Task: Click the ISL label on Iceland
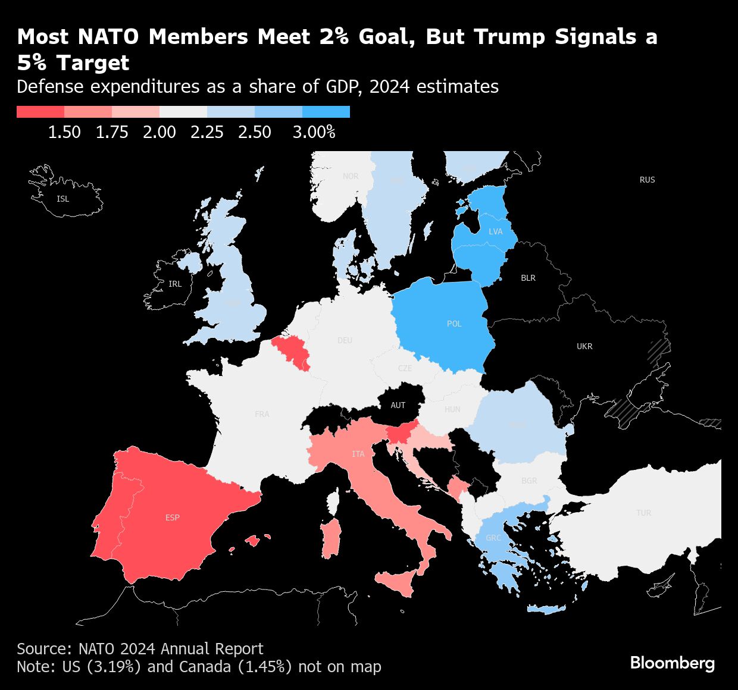coord(62,199)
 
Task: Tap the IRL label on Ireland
coord(175,284)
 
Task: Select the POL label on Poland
coord(454,324)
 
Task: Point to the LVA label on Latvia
coord(495,231)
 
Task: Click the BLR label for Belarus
coord(528,278)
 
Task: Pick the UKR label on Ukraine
coord(584,346)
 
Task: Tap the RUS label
coord(647,180)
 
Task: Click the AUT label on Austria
coord(398,405)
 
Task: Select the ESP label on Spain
coord(173,517)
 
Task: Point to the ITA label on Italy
coord(358,454)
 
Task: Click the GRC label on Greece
coord(493,538)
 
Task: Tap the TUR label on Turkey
coord(643,513)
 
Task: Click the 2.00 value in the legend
coord(160,132)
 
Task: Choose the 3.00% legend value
coord(314,132)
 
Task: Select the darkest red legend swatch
coord(40,112)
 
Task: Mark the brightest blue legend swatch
coord(326,112)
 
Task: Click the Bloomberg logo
coord(672,663)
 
